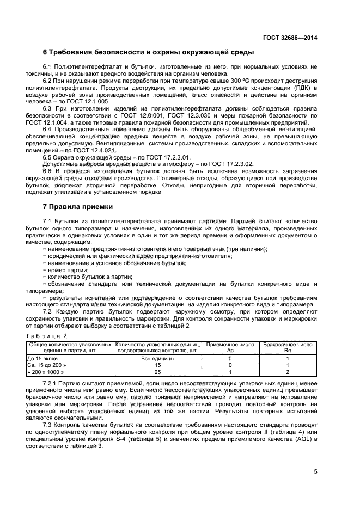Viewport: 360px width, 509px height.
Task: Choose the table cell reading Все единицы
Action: (157, 358)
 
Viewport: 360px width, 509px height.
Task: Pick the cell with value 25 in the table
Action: (157, 372)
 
